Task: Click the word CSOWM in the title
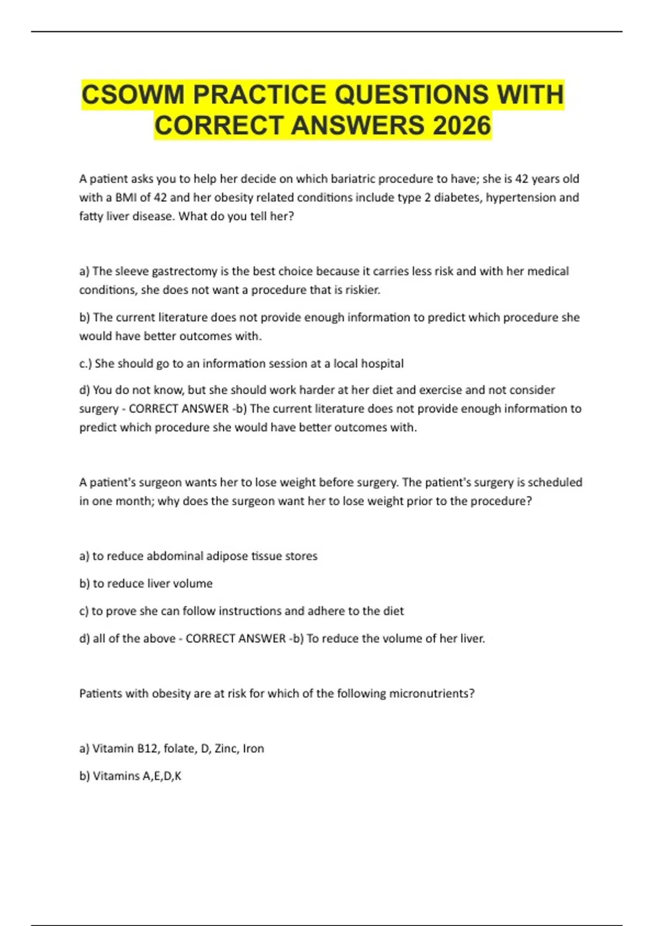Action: tap(133, 95)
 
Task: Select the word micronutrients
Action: tap(431, 693)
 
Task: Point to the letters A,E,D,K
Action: tap(162, 776)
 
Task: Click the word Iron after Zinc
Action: tap(253, 748)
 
